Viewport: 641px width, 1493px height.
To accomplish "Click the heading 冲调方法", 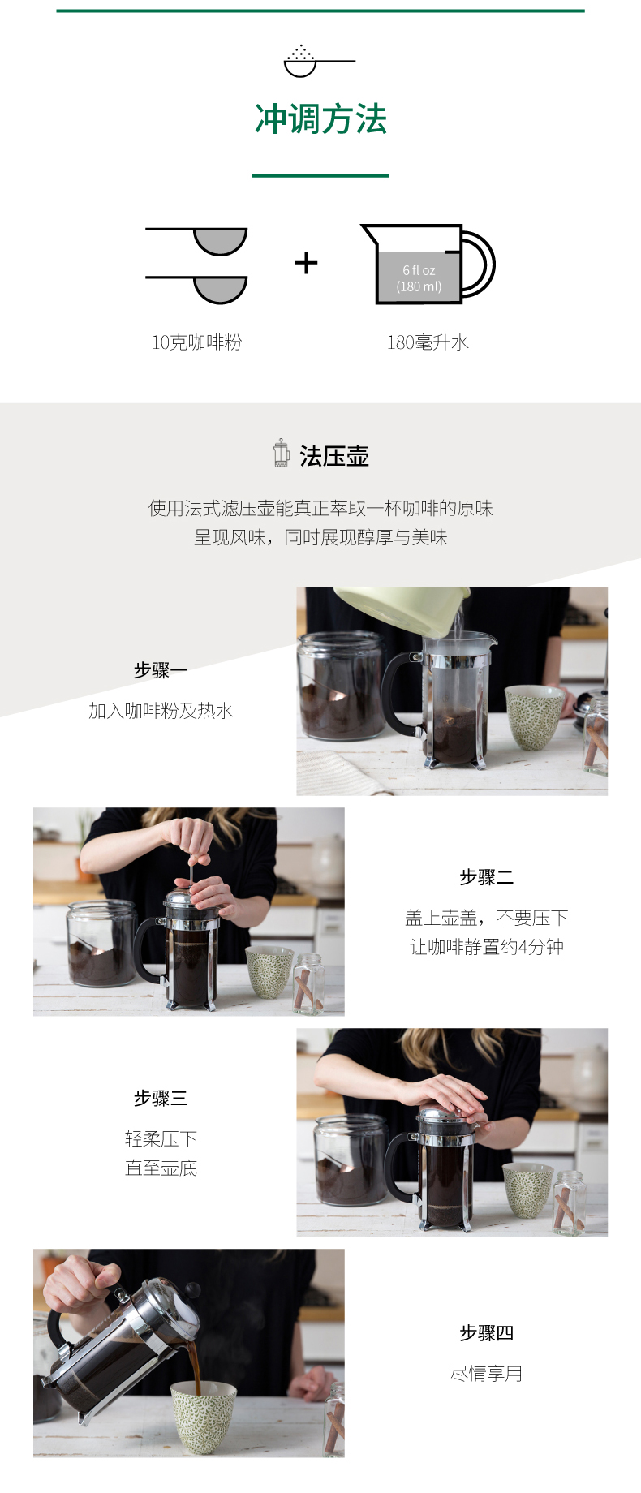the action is point(320,119).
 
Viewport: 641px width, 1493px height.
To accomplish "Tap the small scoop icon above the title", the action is point(319,62).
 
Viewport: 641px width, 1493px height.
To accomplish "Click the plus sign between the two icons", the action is point(306,263).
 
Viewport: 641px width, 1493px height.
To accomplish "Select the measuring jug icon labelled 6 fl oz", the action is point(428,264).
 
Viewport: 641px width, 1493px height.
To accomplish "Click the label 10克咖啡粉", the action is point(196,342).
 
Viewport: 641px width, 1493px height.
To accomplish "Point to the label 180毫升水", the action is point(428,342).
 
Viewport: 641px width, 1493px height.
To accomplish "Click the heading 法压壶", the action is point(334,456).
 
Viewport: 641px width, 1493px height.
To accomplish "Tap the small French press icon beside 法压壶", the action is point(282,454).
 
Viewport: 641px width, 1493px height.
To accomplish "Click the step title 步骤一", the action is point(161,670).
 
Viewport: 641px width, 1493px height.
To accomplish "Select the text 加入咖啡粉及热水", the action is point(161,711).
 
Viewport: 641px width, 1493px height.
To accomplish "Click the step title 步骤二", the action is point(486,877).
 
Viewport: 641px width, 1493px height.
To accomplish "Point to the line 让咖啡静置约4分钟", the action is point(486,947).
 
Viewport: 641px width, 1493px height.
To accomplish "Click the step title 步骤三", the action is point(161,1098).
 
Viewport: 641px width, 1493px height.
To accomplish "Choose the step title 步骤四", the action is point(486,1332).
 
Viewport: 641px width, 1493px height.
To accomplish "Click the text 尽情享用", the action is point(486,1373).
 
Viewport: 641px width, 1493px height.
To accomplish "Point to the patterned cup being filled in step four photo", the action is point(203,1416).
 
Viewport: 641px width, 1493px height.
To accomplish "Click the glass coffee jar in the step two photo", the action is point(101,943).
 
